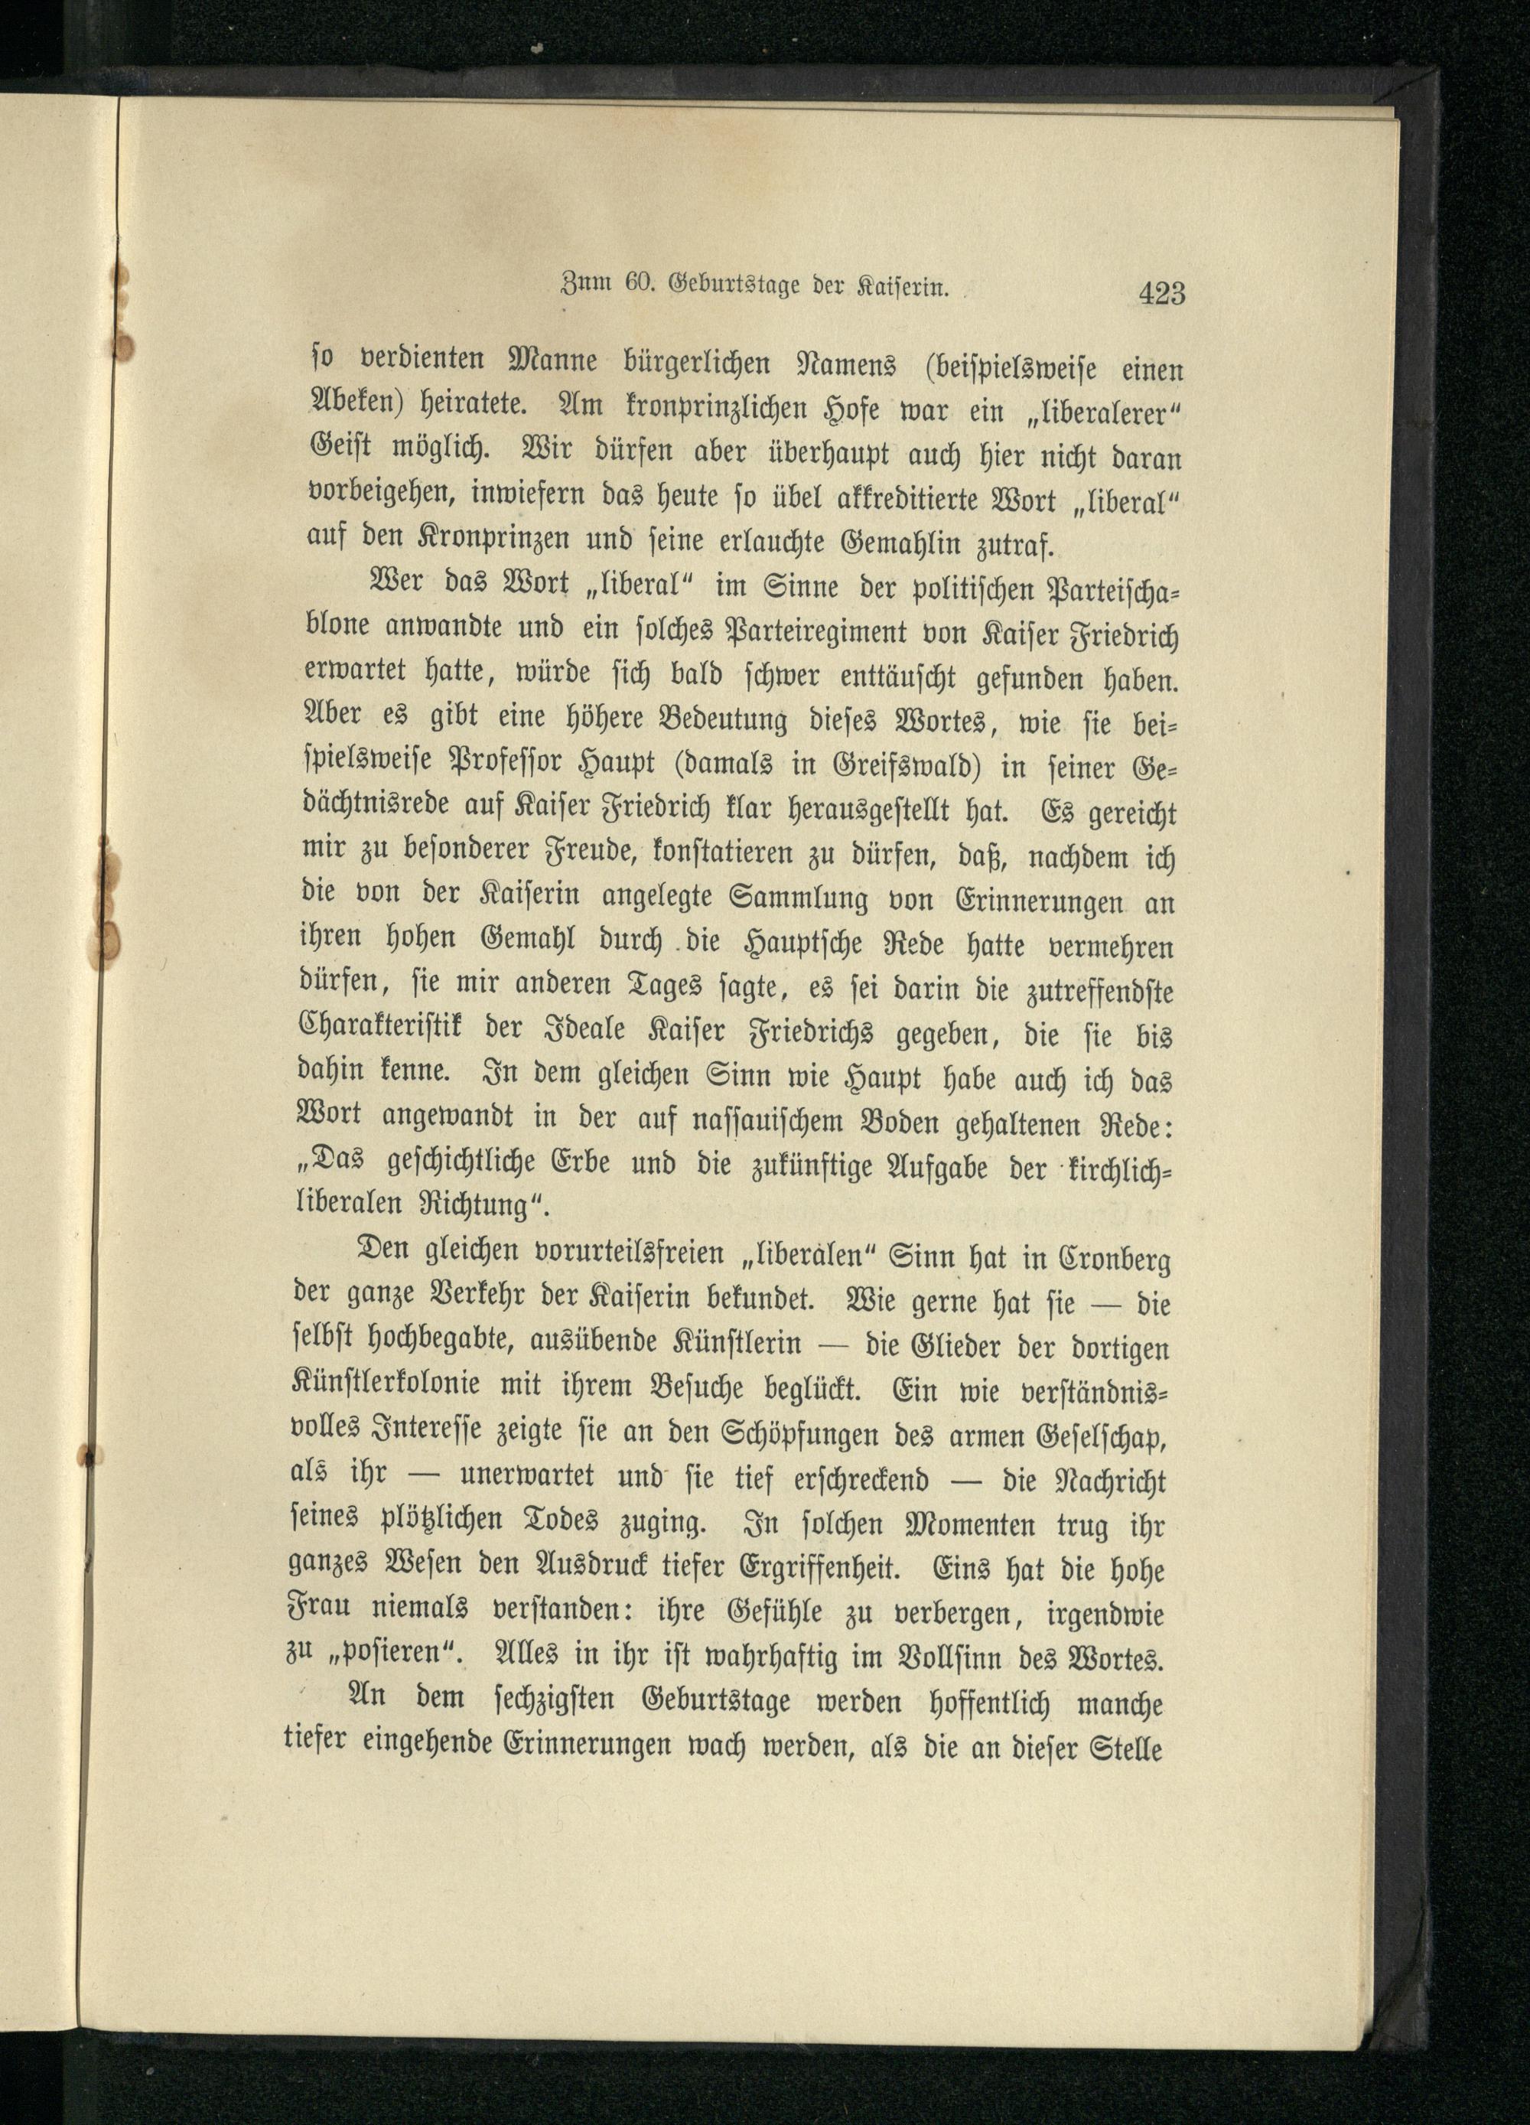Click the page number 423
click(x=1162, y=294)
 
